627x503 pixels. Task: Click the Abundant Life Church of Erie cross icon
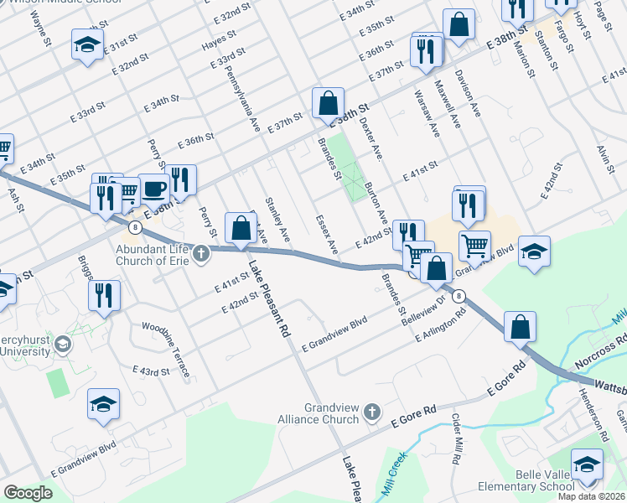(200, 252)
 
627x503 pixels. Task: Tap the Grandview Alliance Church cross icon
(373, 412)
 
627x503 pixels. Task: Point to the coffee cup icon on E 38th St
(153, 189)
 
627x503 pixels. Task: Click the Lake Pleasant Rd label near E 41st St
(268, 298)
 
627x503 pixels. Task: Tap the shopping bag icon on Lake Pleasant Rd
(241, 228)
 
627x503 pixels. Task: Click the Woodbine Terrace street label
(166, 349)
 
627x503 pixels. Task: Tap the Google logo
(28, 492)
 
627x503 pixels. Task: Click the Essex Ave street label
(326, 236)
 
